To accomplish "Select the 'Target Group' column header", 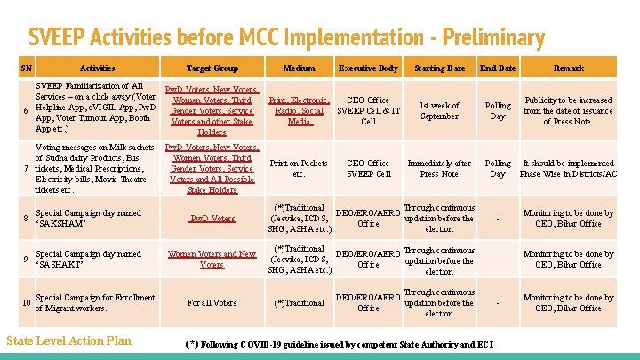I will (x=212, y=68).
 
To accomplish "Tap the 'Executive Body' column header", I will (x=368, y=68).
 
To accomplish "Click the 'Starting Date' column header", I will (x=439, y=68).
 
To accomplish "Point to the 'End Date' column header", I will (x=498, y=68).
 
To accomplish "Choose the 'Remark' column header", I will (x=568, y=68).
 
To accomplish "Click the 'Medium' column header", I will (x=299, y=68).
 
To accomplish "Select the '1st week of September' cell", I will (x=439, y=111).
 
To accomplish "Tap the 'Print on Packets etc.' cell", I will (x=299, y=169).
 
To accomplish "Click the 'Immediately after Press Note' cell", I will (x=439, y=169).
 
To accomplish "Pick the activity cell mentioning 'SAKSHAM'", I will (x=88, y=219).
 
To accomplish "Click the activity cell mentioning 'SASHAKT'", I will (x=88, y=260).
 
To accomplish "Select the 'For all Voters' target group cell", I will (x=212, y=303).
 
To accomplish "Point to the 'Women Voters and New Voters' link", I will (x=212, y=260).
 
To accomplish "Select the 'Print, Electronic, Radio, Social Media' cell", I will (x=299, y=111).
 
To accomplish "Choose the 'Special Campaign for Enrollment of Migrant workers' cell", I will (x=95, y=303).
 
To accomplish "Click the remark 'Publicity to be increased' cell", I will (x=568, y=111).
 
